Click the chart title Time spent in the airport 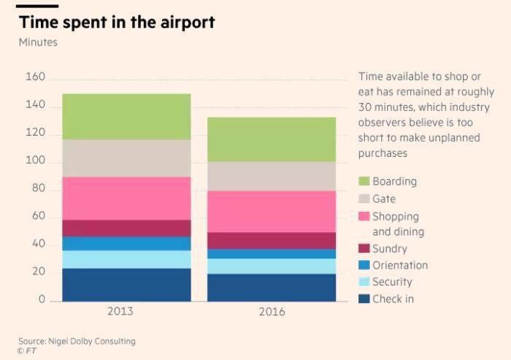(x=117, y=22)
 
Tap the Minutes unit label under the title (x=38, y=42)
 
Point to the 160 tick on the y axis (x=36, y=77)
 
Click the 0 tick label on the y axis (x=42, y=299)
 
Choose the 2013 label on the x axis (x=120, y=312)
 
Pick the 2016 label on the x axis (x=272, y=312)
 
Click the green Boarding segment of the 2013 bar (x=126, y=116)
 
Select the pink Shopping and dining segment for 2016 (x=272, y=211)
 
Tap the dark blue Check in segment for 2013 (x=126, y=285)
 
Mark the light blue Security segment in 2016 (x=272, y=266)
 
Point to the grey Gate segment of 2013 (x=126, y=158)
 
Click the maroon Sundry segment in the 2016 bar (x=272, y=240)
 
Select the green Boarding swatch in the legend (x=364, y=181)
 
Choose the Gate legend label (x=384, y=199)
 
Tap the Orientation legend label (x=400, y=265)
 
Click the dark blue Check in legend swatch (x=364, y=299)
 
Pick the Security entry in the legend (x=392, y=282)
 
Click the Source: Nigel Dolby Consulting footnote (x=77, y=341)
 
